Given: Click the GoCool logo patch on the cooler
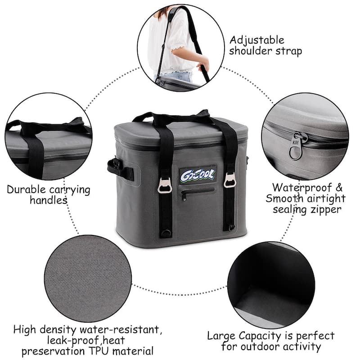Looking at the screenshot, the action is pyautogui.click(x=198, y=175).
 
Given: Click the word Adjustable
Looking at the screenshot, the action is pyautogui.click(x=257, y=40).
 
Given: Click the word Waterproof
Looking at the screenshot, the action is pyautogui.click(x=302, y=188).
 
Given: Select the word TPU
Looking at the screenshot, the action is pyautogui.click(x=99, y=351).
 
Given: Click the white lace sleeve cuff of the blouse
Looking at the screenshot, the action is pyautogui.click(x=177, y=48).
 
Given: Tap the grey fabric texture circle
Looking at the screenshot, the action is pyautogui.click(x=88, y=278).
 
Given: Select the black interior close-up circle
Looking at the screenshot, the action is pyautogui.click(x=271, y=285).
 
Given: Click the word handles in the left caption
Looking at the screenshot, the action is pyautogui.click(x=49, y=200).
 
